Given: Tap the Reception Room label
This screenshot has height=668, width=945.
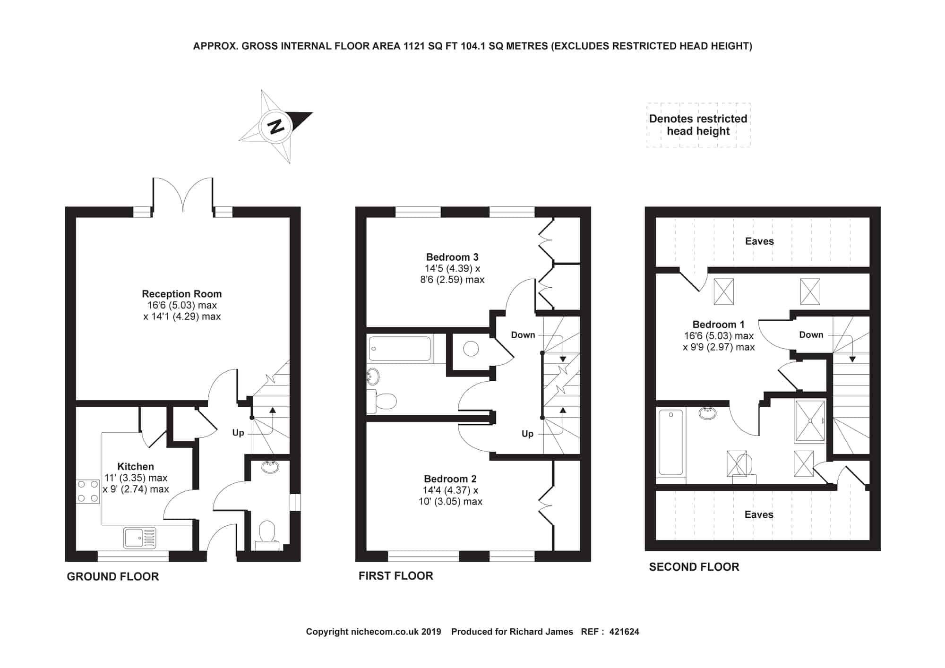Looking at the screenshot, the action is (182, 294).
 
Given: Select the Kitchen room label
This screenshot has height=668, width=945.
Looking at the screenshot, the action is (136, 466).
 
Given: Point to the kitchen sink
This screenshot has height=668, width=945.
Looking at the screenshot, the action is (140, 538).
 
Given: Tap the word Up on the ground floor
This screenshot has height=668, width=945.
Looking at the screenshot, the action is (238, 433).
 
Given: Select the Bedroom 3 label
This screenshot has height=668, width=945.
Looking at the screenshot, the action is (452, 257).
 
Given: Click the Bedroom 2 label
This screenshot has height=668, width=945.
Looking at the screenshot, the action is (450, 479).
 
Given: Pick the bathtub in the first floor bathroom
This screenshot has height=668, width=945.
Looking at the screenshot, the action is (400, 349).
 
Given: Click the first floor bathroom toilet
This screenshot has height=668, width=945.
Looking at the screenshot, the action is (382, 402).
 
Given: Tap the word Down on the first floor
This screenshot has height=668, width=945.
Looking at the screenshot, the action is (523, 335).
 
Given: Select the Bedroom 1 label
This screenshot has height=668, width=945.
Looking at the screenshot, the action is (718, 325).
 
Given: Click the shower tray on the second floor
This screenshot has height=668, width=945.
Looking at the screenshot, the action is (810, 421).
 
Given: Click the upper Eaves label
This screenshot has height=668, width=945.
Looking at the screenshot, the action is (759, 241).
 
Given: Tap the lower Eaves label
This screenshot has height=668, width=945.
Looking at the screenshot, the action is (759, 514).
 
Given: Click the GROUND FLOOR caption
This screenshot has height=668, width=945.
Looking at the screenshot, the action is (113, 576).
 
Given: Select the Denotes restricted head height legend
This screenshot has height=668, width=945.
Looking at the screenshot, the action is (698, 125).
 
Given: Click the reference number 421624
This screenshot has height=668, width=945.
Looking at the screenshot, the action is (624, 632).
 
